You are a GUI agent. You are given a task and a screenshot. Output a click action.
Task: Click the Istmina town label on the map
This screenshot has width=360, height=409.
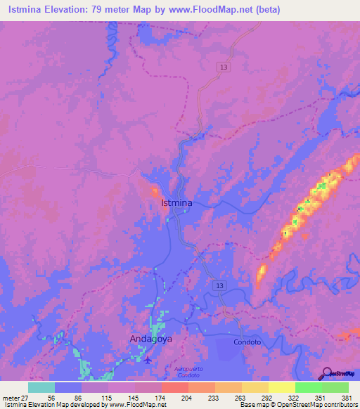point(176,202)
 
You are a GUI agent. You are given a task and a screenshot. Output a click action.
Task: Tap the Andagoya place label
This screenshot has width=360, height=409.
point(150,339)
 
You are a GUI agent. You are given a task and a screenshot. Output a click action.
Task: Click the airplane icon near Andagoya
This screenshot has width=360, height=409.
point(148,361)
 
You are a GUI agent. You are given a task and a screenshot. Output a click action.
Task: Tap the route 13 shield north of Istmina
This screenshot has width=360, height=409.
point(223,65)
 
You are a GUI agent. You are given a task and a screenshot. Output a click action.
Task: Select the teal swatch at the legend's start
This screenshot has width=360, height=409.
point(41,387)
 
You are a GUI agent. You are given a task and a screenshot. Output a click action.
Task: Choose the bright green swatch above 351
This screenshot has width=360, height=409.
point(308,387)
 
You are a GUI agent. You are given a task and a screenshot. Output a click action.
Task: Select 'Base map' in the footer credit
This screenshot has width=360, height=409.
point(253,405)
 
